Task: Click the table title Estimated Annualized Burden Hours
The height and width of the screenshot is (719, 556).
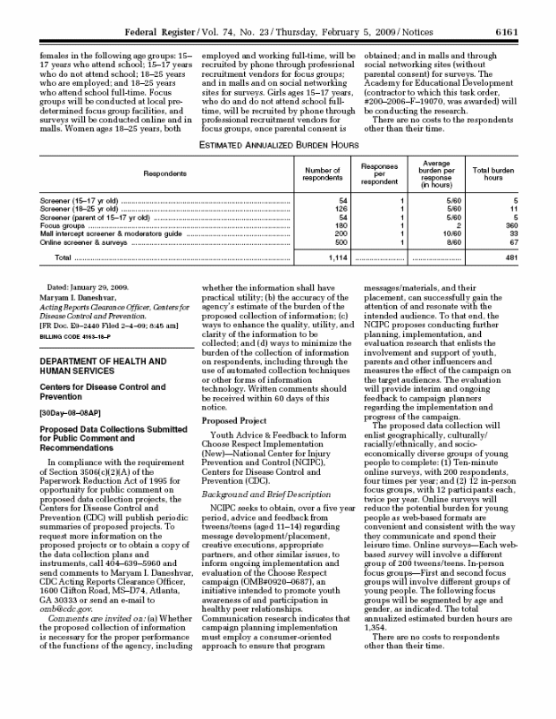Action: pyautogui.click(x=278, y=143)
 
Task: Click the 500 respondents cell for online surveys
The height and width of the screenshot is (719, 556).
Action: pyautogui.click(x=339, y=241)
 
